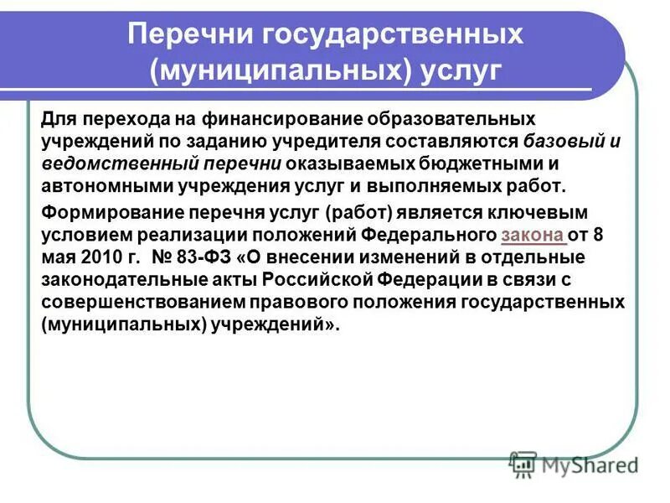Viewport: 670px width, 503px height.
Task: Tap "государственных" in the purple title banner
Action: tap(394, 34)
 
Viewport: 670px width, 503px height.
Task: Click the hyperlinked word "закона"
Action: tap(533, 235)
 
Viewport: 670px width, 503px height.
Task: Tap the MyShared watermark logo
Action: tap(574, 464)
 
